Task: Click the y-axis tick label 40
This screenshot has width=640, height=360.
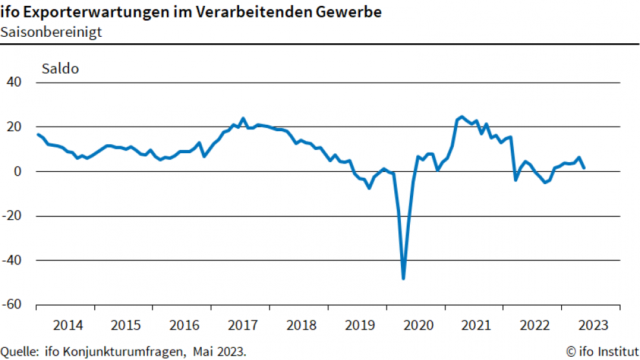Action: (x=14, y=83)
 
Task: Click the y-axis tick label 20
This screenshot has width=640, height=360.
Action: (x=14, y=127)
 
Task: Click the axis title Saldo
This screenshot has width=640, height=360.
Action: (x=60, y=68)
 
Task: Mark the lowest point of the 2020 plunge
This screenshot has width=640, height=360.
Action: (x=403, y=279)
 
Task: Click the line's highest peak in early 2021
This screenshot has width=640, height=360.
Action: (x=461, y=117)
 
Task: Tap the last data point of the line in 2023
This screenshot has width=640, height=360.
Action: (x=584, y=167)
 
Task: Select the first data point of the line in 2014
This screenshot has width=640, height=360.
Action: (x=38, y=134)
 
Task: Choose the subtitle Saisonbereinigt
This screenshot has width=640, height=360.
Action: (x=51, y=32)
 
